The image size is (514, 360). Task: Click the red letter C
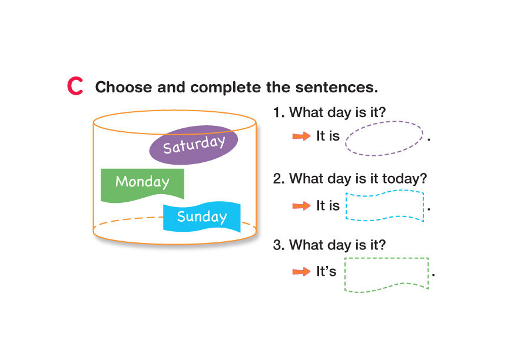[x=75, y=86]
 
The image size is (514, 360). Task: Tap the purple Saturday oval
[x=193, y=145]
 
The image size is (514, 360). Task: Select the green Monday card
[x=142, y=184]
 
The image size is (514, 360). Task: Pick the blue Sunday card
[x=201, y=217]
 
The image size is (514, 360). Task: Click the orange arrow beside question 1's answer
[x=301, y=136]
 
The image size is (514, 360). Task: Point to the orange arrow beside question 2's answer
[x=301, y=206]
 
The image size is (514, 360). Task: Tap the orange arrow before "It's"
[x=301, y=272]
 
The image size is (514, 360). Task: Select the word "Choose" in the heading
[x=124, y=87]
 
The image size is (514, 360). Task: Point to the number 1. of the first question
[x=279, y=112]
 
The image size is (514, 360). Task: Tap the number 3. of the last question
[x=279, y=245]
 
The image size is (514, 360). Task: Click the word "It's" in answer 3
[x=326, y=271]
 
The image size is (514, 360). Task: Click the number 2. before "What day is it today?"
[x=279, y=179]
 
